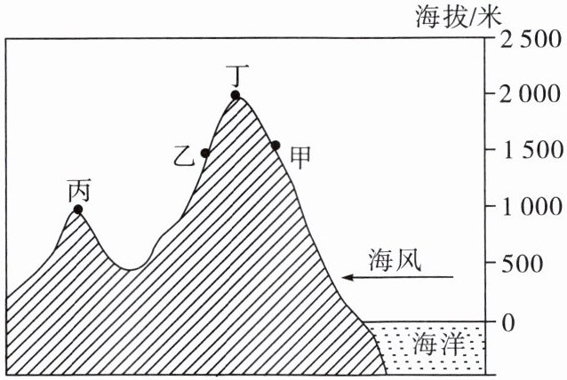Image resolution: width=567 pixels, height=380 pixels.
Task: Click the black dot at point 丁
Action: tap(236, 95)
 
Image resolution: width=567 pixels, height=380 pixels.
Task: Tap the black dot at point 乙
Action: tap(205, 153)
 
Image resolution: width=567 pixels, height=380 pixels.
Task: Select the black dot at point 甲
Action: tap(276, 145)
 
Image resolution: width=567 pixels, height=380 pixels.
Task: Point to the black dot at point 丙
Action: tap(78, 210)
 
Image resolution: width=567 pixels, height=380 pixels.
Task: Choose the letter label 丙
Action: tap(79, 190)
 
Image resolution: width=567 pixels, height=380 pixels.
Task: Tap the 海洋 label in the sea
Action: tap(435, 344)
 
